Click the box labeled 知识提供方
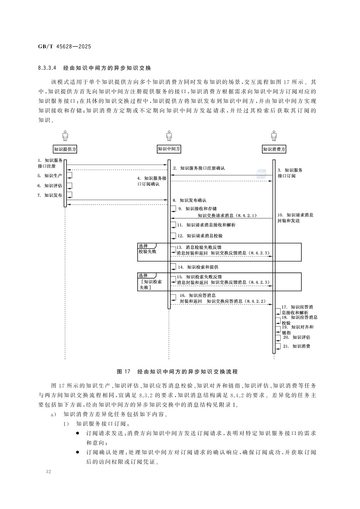pos(65,149)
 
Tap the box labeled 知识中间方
pos(169,149)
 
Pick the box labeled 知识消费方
pos(274,149)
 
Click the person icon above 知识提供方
pos(65,135)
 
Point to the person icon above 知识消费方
pos(274,135)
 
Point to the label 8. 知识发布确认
pos(190,200)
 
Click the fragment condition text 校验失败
pos(147,251)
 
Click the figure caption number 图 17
pos(124,371)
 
